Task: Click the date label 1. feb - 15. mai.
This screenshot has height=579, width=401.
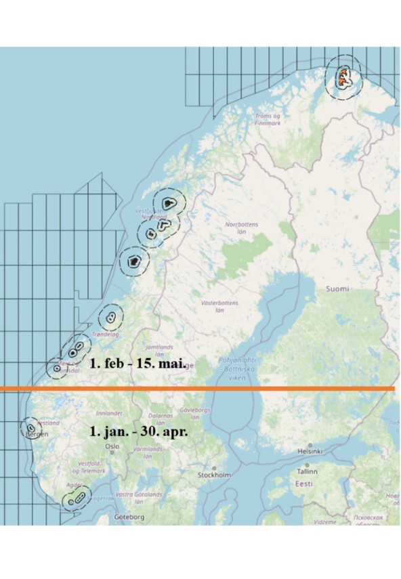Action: [x=138, y=363]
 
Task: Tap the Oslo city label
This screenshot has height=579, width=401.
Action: [x=112, y=446]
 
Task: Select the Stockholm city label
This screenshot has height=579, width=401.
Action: [x=214, y=475]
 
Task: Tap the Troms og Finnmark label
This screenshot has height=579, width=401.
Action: [x=267, y=120]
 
